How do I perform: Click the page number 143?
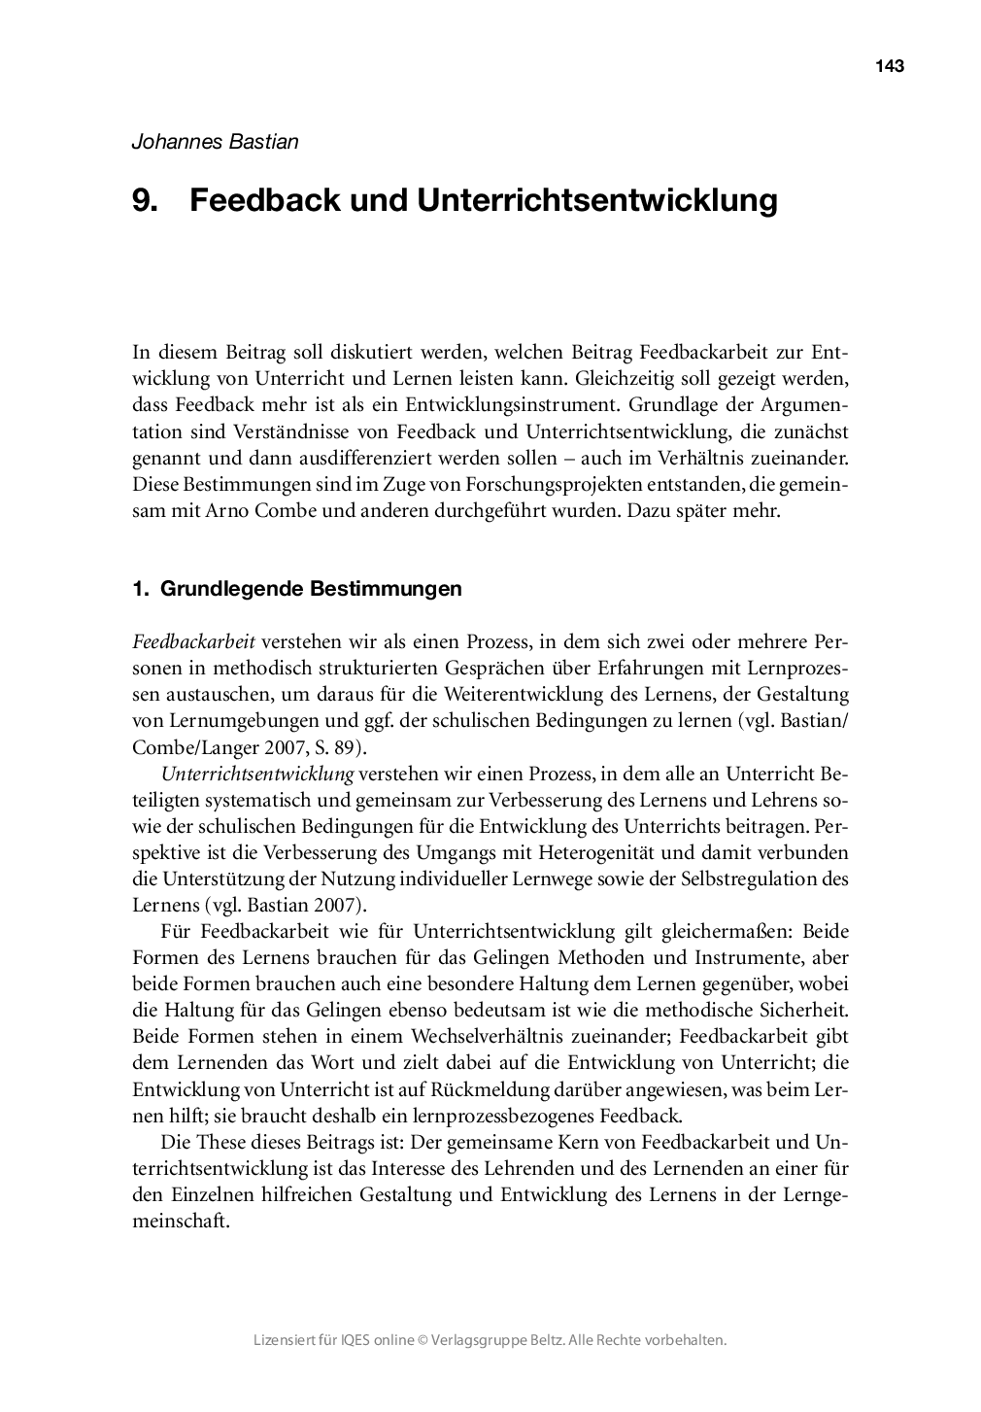889,66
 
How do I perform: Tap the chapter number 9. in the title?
146,200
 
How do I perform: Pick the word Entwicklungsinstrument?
521,403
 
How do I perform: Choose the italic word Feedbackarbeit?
193,642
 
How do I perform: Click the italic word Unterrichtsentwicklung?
256,775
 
